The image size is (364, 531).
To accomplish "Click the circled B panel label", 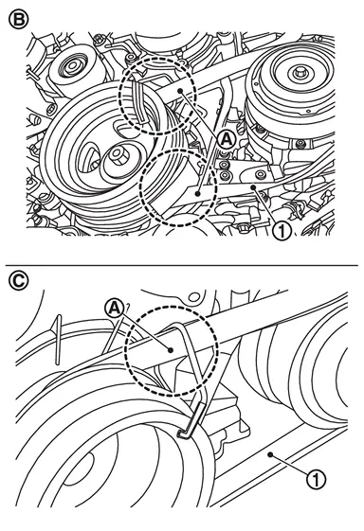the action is click(18, 19).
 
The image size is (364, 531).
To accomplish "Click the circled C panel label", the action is click(18, 281).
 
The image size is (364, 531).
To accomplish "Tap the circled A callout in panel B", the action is click(227, 139).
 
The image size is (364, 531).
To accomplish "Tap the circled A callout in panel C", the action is click(114, 309).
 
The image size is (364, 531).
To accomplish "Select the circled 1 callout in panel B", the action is click(282, 231).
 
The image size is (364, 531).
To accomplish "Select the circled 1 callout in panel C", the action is click(316, 479).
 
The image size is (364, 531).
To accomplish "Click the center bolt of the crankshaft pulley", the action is click(118, 156).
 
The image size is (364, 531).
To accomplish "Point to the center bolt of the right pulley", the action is click(298, 73).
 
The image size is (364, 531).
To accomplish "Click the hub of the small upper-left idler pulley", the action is click(73, 65).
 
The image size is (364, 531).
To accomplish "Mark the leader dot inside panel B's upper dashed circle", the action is click(181, 91).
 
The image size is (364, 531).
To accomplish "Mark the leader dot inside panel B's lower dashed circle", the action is click(197, 193).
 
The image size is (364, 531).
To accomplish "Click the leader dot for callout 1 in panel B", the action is click(253, 186).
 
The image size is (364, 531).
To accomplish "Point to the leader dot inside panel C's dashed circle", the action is click(171, 350).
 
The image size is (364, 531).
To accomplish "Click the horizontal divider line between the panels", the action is click(182, 265).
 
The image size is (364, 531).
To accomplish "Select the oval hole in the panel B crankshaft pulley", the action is click(86, 156).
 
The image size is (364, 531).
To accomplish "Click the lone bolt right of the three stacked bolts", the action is click(261, 175).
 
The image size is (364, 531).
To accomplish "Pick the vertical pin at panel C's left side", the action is click(59, 340).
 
